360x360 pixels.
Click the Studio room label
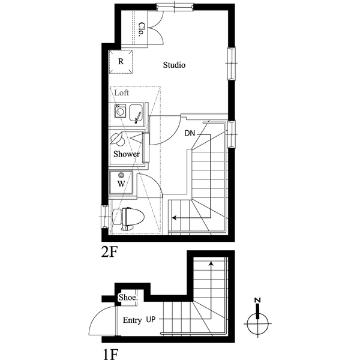click(174, 65)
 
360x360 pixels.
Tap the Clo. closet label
click(142, 29)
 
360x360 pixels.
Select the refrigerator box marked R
click(121, 62)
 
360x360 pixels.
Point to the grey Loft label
click(122, 94)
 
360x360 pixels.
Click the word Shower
click(127, 154)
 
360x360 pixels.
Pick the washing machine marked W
click(121, 183)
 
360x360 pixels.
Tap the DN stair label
click(190, 133)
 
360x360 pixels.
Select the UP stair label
click(152, 320)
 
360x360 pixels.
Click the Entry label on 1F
click(132, 320)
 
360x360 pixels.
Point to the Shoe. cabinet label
click(128, 298)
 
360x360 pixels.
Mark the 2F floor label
click(109, 253)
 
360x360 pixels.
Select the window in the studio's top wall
click(174, 7)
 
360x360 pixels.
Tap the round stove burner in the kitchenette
click(120, 112)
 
